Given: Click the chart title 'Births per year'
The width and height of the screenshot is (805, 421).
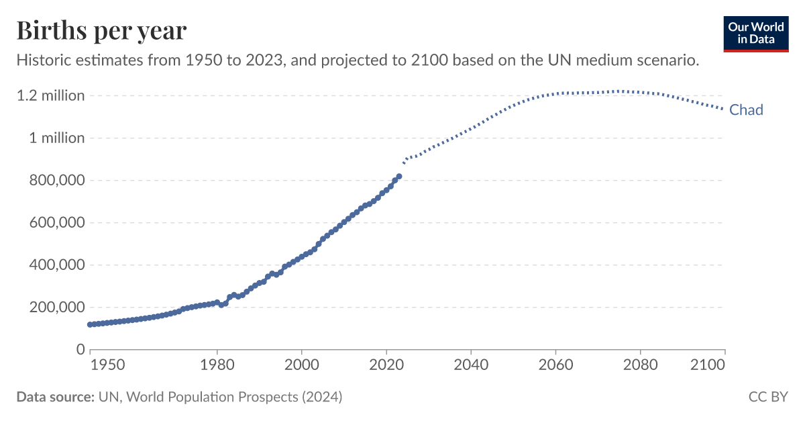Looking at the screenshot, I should click(101, 30).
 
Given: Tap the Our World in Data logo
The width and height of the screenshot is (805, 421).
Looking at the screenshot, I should click(756, 32).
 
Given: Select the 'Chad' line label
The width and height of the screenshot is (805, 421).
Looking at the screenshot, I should click(746, 110).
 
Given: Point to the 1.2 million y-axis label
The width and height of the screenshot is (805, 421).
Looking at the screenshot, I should click(51, 95).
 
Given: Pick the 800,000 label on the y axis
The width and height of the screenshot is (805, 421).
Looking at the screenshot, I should click(56, 180).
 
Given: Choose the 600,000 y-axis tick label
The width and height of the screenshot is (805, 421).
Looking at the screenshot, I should click(56, 222).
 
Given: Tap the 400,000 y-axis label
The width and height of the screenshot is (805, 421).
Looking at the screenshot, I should click(56, 265).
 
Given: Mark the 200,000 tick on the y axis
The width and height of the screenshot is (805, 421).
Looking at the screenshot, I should click(56, 307).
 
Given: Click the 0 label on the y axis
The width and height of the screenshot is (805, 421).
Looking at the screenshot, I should click(80, 349).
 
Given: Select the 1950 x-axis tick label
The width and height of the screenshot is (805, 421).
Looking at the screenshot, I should click(107, 365).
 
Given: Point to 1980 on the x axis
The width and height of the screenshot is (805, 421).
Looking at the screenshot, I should click(217, 365).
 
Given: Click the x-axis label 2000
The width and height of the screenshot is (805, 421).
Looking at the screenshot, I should click(302, 365).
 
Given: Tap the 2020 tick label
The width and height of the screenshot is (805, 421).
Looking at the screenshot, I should click(386, 365).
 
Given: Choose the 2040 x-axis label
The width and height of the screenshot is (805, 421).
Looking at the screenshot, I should click(471, 365).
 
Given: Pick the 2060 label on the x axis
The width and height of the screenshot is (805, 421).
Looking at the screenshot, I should click(555, 365).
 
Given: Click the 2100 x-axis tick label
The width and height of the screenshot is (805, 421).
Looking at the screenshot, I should click(708, 365).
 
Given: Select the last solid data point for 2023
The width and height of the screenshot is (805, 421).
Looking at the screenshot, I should click(399, 176).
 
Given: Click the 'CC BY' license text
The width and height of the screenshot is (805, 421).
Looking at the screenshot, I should click(768, 397).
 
